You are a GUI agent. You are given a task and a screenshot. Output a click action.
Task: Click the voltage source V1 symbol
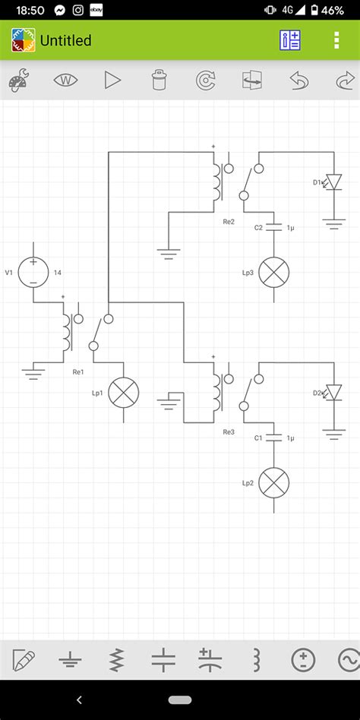(33, 272)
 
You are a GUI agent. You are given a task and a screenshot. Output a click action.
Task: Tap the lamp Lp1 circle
(124, 393)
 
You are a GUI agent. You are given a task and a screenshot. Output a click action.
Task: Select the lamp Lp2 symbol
(274, 483)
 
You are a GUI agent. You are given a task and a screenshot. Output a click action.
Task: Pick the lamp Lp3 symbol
(274, 272)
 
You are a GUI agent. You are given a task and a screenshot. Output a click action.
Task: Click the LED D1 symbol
(332, 182)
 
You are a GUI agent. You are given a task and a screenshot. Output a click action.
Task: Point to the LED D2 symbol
(332, 393)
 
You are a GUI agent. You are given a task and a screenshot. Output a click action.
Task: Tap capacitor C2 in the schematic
(274, 227)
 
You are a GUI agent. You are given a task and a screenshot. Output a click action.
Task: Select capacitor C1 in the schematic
(274, 437)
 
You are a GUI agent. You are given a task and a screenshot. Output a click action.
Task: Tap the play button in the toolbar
(112, 80)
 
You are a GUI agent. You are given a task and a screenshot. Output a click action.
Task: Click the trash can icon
(158, 80)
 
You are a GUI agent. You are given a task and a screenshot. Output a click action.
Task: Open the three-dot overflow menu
(336, 40)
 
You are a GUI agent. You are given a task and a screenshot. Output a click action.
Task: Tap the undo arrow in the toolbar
(299, 80)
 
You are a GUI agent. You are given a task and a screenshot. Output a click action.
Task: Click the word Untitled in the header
(65, 40)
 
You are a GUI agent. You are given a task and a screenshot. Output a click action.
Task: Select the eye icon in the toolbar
(66, 80)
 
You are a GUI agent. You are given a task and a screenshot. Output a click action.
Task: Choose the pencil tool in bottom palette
(23, 659)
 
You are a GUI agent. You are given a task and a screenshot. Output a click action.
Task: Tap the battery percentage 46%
(331, 11)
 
